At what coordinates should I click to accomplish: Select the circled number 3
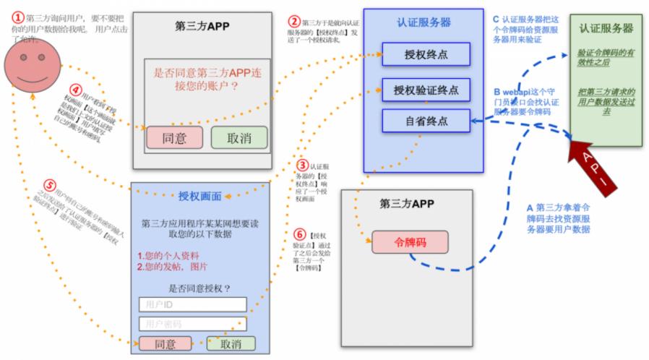[x=303, y=166]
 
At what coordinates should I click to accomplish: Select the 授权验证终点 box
[x=426, y=90]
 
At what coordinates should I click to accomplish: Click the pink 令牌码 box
[x=410, y=241]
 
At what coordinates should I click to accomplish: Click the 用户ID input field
[x=192, y=304]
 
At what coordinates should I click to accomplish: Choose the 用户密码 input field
[x=192, y=323]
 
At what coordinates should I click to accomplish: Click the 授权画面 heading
[x=200, y=195]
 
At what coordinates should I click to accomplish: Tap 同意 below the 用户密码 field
[x=166, y=344]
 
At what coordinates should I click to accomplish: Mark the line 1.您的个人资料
[x=168, y=255]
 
